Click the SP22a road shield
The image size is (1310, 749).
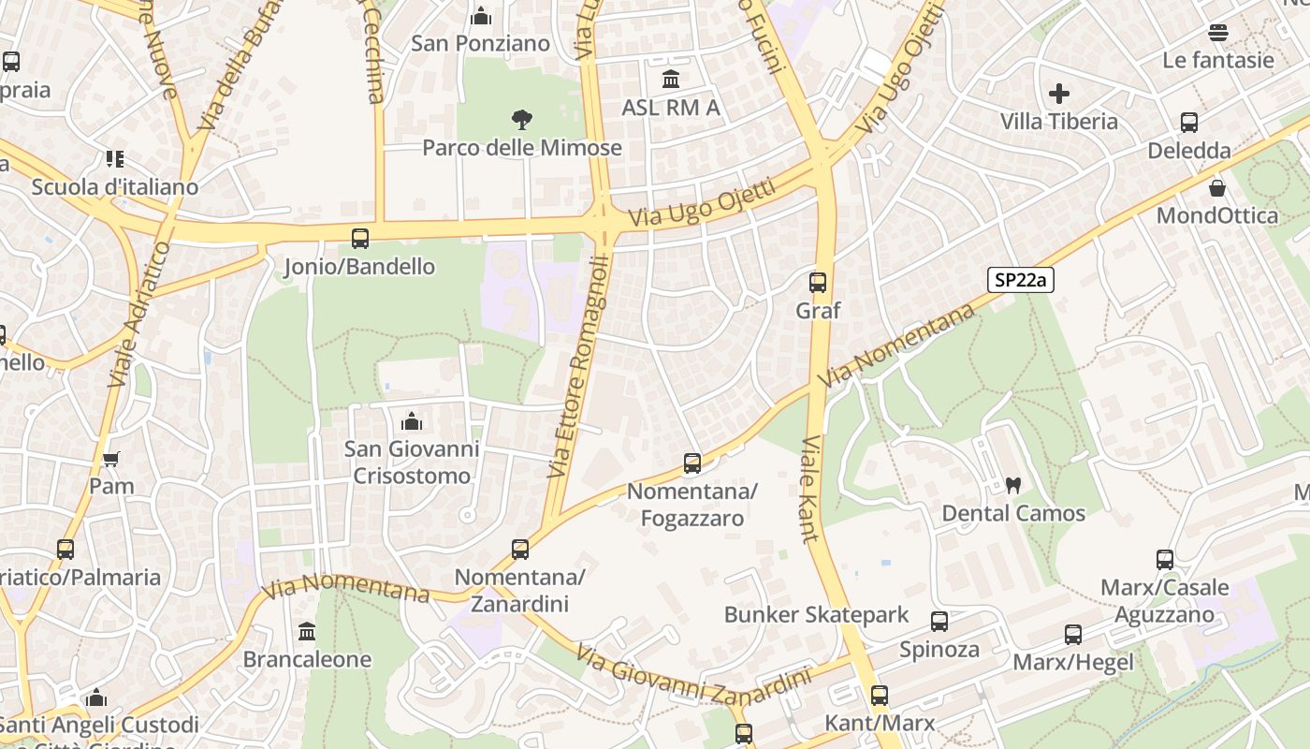pos(1020,279)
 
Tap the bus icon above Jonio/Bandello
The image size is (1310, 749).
pos(360,238)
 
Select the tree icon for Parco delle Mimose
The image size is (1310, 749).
pos(522,119)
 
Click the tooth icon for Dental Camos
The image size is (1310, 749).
pos(1012,485)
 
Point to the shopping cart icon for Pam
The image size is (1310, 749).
pos(111,459)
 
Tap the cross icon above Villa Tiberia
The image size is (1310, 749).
pos(1059,94)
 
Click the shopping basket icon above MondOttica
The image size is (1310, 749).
pos(1217,188)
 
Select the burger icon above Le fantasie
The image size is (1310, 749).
pos(1218,33)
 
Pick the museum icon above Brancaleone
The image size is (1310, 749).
pos(307,631)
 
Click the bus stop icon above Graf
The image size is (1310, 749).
pos(818,282)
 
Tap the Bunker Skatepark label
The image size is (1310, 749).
pos(816,615)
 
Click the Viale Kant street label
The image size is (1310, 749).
pos(810,489)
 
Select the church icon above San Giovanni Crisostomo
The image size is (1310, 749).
pos(411,421)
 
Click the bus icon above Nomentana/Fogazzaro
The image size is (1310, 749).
pos(692,463)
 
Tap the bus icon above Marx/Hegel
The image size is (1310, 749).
pos(1073,635)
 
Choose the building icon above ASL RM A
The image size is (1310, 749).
pos(671,80)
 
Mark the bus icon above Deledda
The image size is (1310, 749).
pos(1189,123)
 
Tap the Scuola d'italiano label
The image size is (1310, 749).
pos(115,187)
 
